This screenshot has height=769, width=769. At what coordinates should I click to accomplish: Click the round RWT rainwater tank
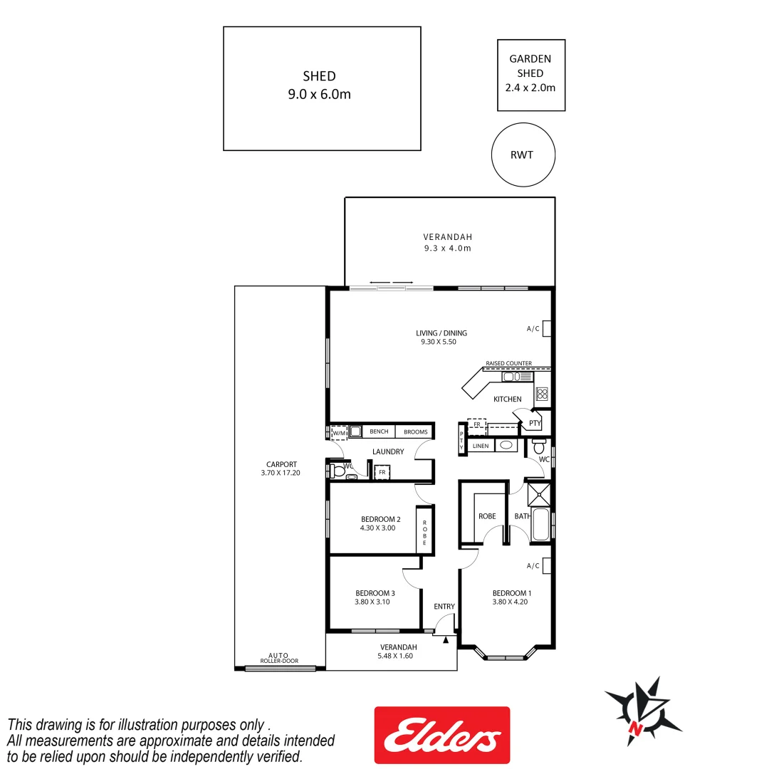[523, 155]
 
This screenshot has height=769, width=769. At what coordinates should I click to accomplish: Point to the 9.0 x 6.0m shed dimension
[319, 94]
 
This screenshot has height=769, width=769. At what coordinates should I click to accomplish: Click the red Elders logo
[441, 735]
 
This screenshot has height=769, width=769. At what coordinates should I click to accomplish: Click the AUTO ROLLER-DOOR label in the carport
[278, 658]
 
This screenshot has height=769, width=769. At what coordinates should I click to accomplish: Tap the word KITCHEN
[508, 399]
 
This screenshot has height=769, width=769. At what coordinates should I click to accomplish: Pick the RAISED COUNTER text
[508, 363]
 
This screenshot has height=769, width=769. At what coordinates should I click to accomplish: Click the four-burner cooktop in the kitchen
[542, 394]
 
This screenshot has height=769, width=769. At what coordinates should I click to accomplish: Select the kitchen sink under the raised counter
[511, 377]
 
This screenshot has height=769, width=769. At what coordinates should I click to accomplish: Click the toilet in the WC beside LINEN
[539, 449]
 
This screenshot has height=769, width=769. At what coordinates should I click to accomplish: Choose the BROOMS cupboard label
[415, 431]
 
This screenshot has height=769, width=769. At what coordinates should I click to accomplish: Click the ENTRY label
[444, 607]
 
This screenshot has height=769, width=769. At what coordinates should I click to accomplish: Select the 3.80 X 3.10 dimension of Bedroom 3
[372, 602]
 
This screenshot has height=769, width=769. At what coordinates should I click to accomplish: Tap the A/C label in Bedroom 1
[533, 566]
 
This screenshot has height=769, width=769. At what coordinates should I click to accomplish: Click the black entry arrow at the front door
[446, 639]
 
